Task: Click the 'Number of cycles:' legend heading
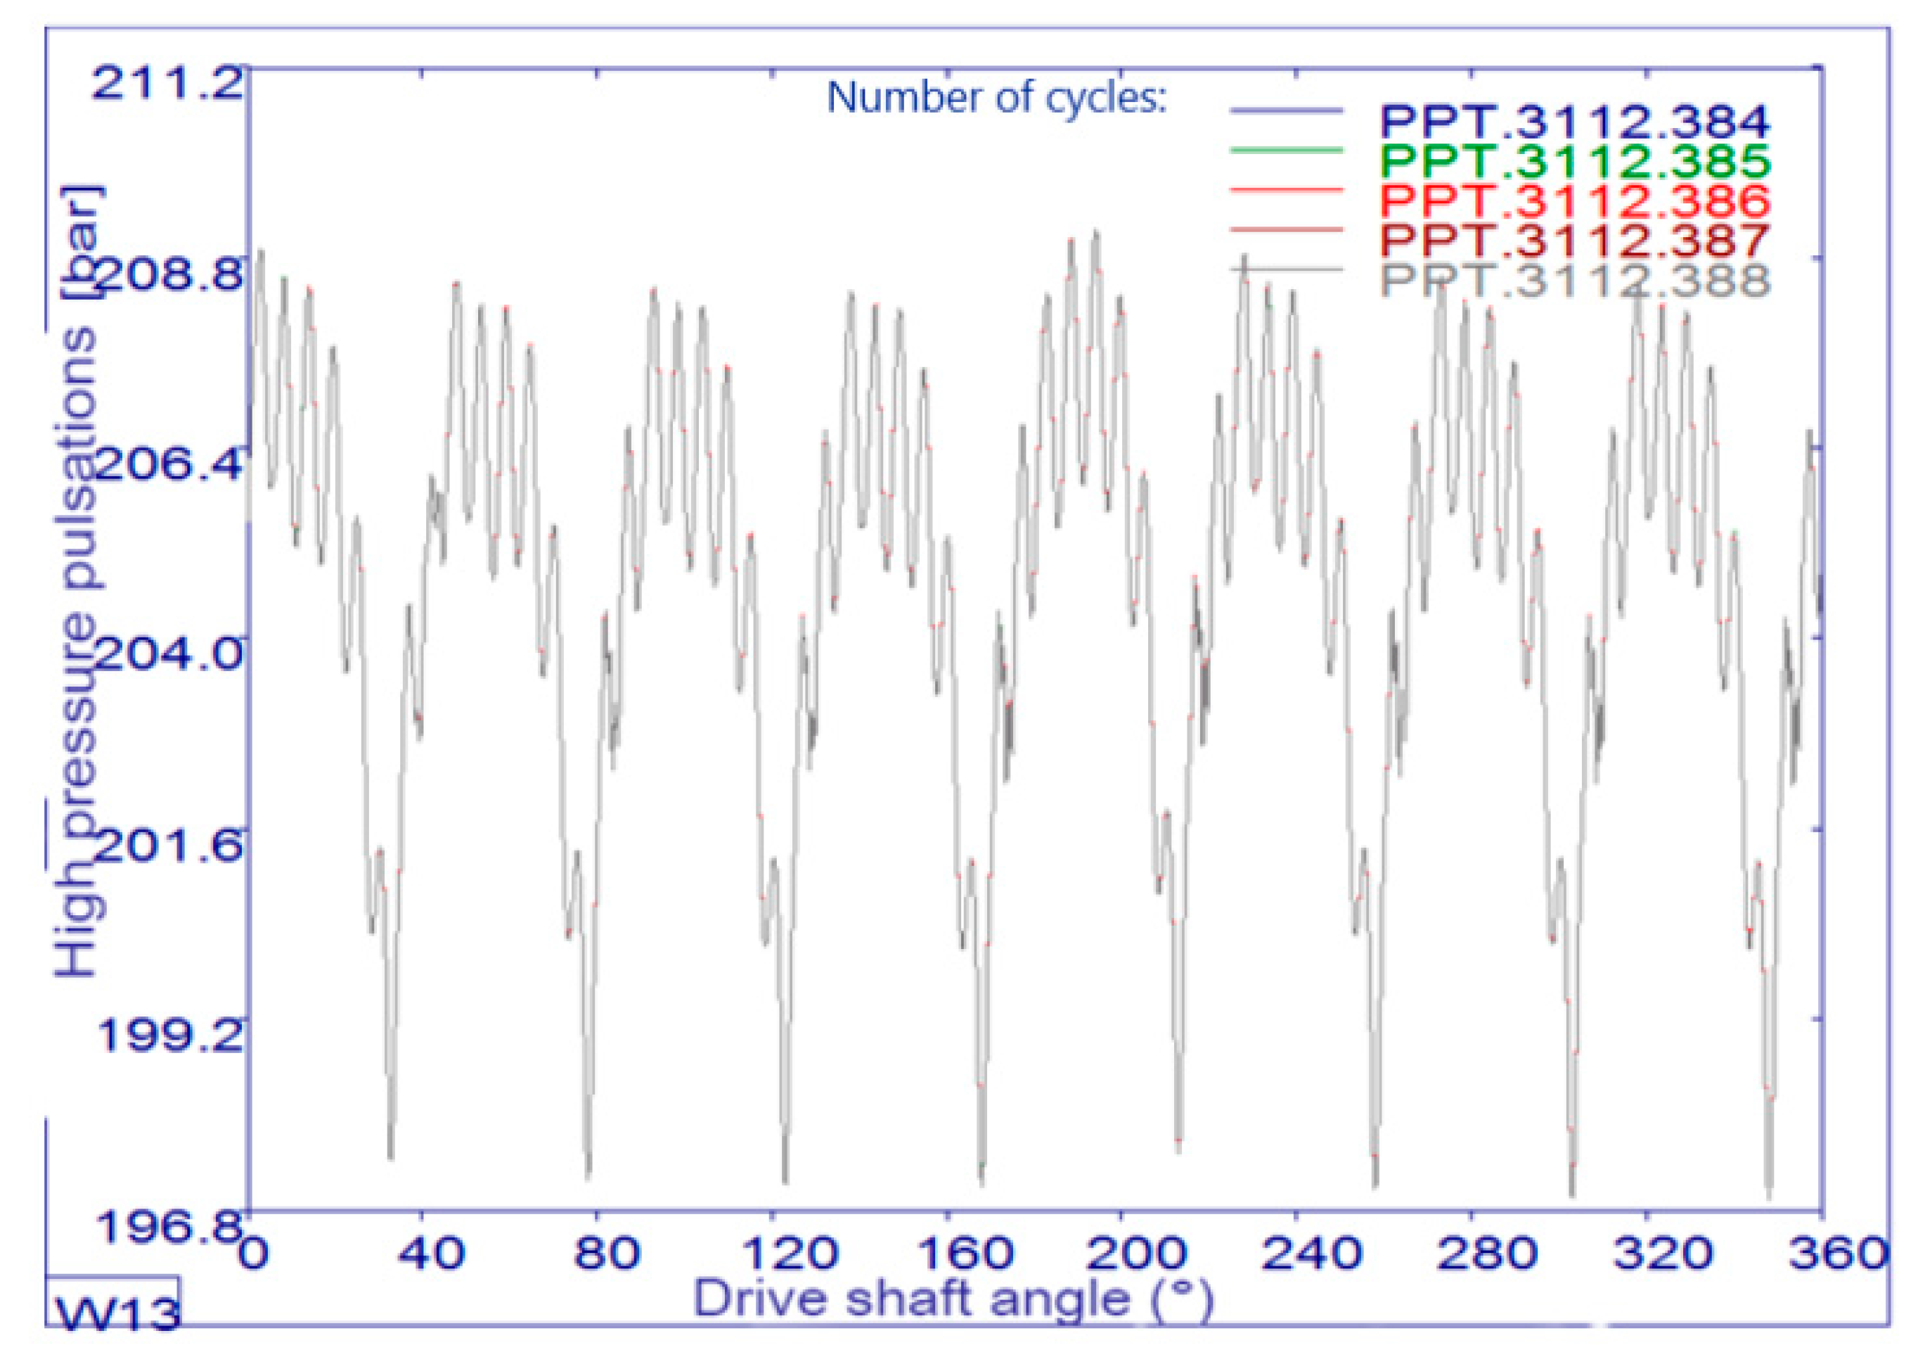point(996,98)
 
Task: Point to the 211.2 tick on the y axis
point(167,84)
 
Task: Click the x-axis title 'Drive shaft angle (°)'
point(952,1300)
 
